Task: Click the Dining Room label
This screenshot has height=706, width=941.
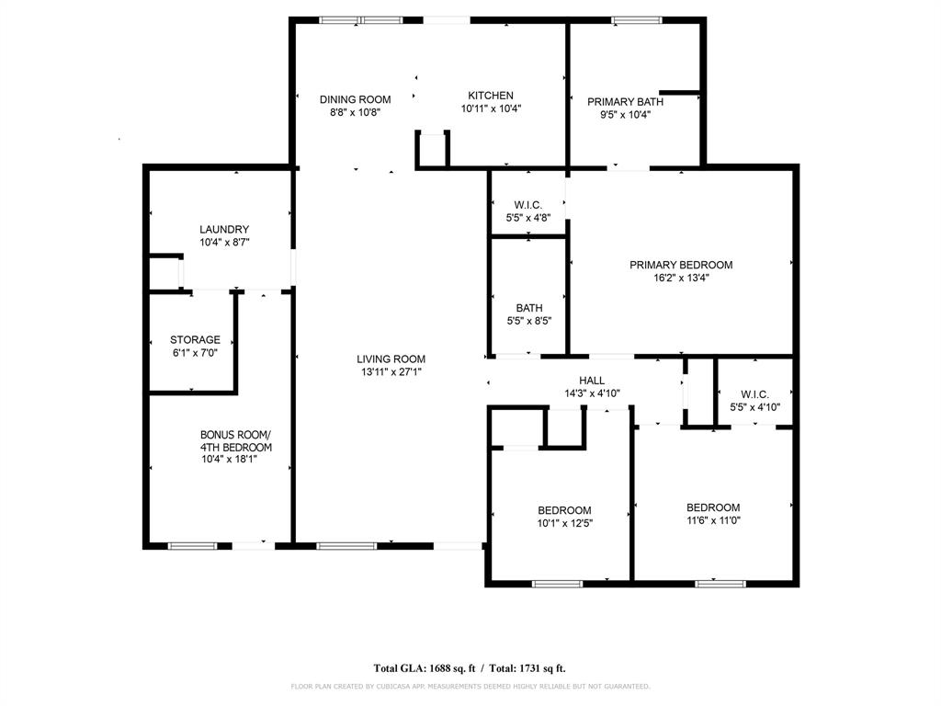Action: pos(355,99)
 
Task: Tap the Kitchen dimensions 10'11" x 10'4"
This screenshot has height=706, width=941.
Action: pos(491,108)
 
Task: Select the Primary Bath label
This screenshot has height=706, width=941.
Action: pos(625,102)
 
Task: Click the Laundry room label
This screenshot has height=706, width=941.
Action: pos(224,230)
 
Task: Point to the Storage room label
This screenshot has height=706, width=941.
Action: pos(195,340)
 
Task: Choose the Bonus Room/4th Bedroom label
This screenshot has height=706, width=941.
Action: pos(235,441)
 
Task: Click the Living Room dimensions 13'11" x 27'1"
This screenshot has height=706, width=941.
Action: pos(391,372)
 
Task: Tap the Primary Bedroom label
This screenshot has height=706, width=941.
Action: pos(680,265)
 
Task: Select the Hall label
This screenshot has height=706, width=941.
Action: pos(592,381)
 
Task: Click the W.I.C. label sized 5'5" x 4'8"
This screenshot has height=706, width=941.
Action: pos(528,205)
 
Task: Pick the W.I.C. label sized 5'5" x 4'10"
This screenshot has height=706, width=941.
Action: pos(754,394)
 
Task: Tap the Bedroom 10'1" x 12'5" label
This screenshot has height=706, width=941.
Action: pos(564,511)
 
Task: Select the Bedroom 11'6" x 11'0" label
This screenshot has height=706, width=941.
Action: pos(713,507)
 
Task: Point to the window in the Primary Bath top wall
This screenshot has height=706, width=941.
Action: pos(635,20)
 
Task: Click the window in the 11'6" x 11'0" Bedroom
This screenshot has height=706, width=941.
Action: pos(719,583)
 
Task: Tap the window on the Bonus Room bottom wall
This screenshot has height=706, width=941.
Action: pos(192,546)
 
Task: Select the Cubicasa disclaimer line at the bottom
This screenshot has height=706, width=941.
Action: pos(470,686)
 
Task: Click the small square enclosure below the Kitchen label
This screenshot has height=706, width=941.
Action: pos(432,150)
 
